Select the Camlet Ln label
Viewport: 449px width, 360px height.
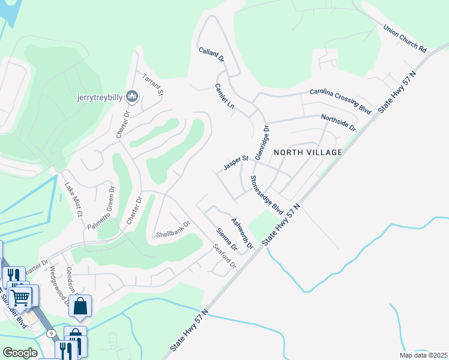(224, 95)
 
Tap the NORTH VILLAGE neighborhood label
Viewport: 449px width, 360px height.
(307, 152)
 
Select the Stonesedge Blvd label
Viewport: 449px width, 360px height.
(267, 194)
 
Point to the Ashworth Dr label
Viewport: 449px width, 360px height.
(243, 233)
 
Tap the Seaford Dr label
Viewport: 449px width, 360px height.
(225, 256)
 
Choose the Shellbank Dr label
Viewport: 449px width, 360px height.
(173, 229)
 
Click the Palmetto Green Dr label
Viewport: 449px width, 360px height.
(100, 208)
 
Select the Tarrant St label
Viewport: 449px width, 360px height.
(152, 85)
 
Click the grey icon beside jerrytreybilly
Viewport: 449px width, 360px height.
(133, 96)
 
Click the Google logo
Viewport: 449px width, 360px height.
(20, 352)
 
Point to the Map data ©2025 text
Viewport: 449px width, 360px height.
(423, 355)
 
